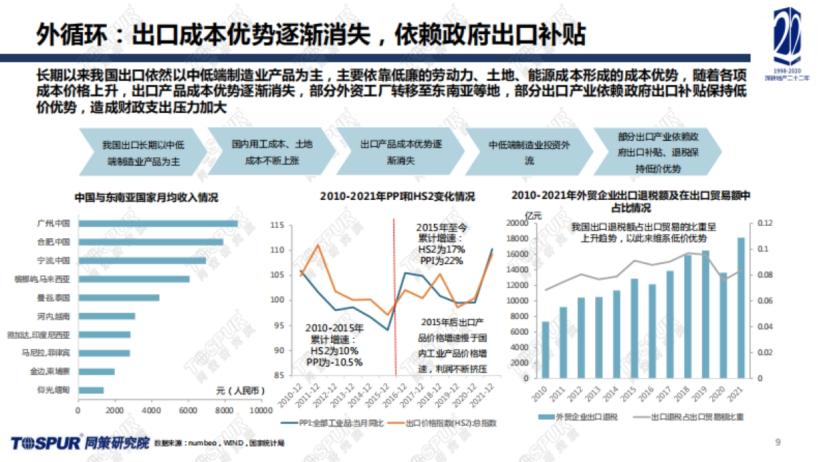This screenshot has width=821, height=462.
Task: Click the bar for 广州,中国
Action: pos(157,223)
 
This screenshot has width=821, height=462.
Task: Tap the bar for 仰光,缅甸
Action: pos(90,390)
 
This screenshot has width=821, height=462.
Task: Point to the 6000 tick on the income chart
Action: pos(187,410)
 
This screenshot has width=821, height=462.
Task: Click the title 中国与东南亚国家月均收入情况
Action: pos(146,197)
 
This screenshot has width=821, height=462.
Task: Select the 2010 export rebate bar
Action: pos(545,350)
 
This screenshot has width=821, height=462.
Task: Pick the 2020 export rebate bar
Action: pos(723,326)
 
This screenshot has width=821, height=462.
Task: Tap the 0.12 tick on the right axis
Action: pos(764,223)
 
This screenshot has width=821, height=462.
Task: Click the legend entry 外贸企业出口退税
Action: pos(581,416)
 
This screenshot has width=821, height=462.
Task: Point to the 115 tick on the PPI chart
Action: pos(276,225)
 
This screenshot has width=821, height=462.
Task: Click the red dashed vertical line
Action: pos(395,301)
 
